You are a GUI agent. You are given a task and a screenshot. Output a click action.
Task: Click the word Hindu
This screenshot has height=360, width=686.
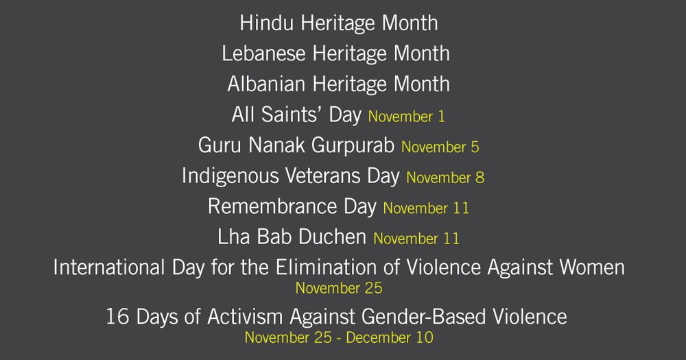point(266,23)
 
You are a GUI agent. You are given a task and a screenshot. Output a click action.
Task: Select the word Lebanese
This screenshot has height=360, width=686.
point(263,53)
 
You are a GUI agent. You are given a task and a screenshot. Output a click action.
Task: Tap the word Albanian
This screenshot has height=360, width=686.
point(266,84)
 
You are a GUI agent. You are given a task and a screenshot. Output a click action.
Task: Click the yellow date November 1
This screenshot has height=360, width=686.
point(406,117)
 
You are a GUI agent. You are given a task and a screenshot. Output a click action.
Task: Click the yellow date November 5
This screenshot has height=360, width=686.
point(440,147)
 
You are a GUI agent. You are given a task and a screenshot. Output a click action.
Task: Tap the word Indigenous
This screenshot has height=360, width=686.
point(230,176)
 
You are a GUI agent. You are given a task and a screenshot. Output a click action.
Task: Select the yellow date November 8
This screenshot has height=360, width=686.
point(445,178)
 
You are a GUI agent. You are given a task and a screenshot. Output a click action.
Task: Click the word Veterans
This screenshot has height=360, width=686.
point(323,176)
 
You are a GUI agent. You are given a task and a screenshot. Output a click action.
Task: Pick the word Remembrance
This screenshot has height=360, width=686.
point(272,206)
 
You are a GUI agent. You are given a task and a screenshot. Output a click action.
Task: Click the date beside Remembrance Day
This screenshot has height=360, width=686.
point(426,208)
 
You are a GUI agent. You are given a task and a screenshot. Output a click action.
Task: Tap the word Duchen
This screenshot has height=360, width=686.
point(333,237)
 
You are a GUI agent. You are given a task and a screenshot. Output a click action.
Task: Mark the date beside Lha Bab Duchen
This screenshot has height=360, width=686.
point(416,239)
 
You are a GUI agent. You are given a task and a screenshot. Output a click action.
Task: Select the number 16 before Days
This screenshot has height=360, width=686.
point(118,317)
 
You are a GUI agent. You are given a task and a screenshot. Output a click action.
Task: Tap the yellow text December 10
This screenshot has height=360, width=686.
point(390,337)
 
